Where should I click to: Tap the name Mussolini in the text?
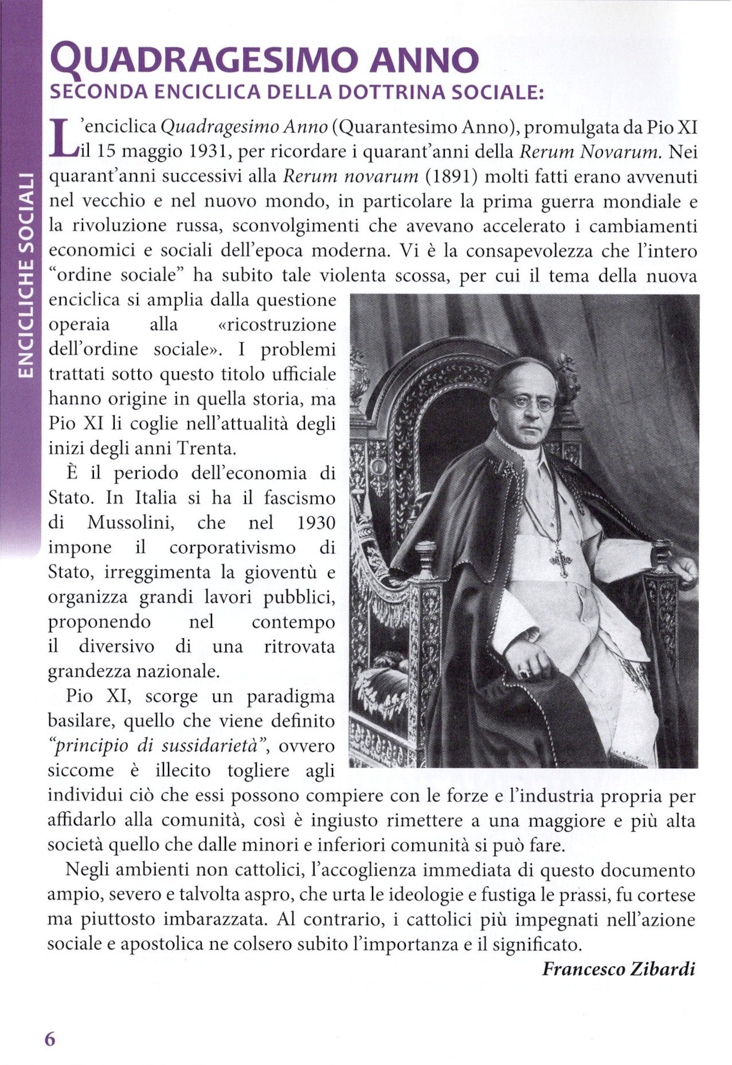[131, 522]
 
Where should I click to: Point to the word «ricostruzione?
[277, 324]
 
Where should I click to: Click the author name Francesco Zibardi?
[619, 969]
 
